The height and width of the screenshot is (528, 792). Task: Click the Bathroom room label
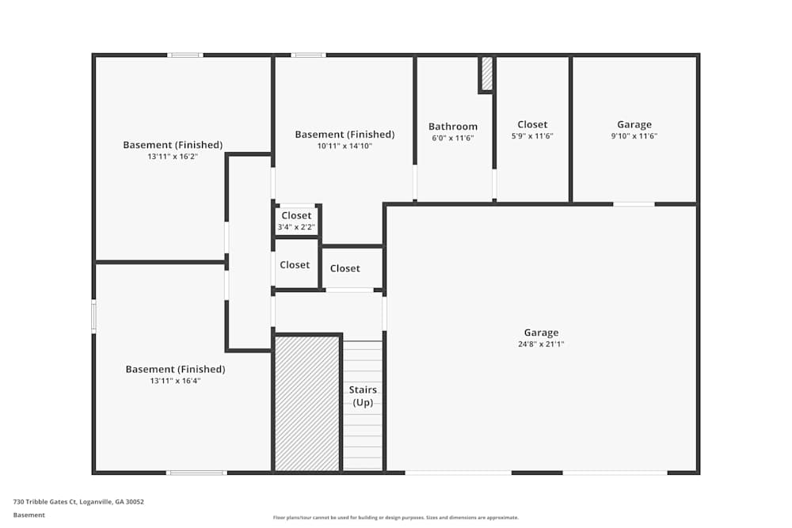coord(452,126)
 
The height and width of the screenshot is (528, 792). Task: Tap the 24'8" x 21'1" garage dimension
coord(541,344)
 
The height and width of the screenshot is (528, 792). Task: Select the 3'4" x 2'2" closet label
coord(296,227)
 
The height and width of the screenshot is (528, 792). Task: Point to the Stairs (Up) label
coord(363,396)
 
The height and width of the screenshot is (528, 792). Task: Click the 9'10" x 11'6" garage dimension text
coord(634,136)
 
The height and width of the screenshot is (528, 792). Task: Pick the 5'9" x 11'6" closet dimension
coord(532,136)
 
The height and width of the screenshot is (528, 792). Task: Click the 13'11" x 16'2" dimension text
coord(173,157)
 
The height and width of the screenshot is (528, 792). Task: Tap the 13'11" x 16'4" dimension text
coord(175,381)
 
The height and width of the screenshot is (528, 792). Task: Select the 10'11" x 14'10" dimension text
coord(345,146)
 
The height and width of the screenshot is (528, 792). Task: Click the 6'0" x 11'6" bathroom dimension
coord(452,138)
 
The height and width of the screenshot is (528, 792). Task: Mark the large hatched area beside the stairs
coord(307,404)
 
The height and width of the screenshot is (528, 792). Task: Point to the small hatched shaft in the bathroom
coord(487,74)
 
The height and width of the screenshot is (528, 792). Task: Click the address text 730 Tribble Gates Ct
coord(44,502)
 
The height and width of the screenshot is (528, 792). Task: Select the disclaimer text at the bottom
coord(395,518)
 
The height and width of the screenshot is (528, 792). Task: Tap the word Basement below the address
coord(29,515)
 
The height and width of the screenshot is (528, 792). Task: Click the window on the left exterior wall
coord(93,317)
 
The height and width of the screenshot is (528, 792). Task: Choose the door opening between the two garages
coord(634,204)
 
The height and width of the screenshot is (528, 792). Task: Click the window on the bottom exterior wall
coord(196,473)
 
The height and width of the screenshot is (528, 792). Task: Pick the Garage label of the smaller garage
coord(634,124)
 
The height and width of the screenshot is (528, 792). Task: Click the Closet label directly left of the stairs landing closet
coord(295,264)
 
